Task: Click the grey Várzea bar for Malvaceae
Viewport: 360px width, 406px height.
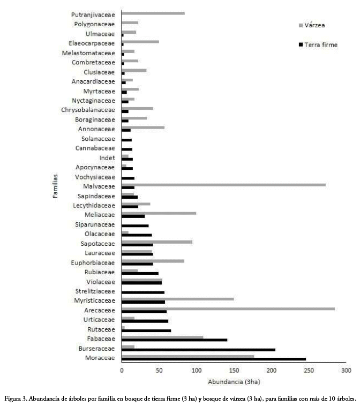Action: pyautogui.click(x=224, y=185)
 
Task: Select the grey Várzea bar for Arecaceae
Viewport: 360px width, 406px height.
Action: pyautogui.click(x=228, y=309)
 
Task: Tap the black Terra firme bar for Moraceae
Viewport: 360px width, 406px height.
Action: pyautogui.click(x=214, y=359)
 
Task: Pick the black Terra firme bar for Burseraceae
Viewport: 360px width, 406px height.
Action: pyautogui.click(x=198, y=350)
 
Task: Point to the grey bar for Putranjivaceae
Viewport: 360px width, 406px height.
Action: pyautogui.click(x=153, y=13)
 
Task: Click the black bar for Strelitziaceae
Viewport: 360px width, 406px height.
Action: pyautogui.click(x=143, y=292)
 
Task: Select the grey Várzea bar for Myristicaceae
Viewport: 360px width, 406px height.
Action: pyautogui.click(x=178, y=299)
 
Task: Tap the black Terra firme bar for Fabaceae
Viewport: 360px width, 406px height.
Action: pyautogui.click(x=174, y=340)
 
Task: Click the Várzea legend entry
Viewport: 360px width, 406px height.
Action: pyautogui.click(x=312, y=25)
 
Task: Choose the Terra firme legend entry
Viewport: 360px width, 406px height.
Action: pyautogui.click(x=318, y=45)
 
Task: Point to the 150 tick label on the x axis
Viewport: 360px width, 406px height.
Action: pyautogui.click(x=234, y=370)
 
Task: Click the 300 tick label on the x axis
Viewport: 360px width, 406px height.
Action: pyautogui.click(x=346, y=370)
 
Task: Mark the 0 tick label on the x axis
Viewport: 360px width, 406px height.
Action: pyautogui.click(x=122, y=370)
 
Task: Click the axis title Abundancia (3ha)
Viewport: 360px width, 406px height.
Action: pyautogui.click(x=234, y=382)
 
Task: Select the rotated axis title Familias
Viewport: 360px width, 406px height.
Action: pyautogui.click(x=55, y=186)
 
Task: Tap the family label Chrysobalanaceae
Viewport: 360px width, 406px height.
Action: pyautogui.click(x=88, y=110)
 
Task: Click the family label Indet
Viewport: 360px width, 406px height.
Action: pyautogui.click(x=107, y=158)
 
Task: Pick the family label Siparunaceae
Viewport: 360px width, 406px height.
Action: pyautogui.click(x=95, y=225)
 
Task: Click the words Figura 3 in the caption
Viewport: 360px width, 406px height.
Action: pyautogui.click(x=16, y=399)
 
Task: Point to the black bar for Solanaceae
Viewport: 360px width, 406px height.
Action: pyautogui.click(x=126, y=140)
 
